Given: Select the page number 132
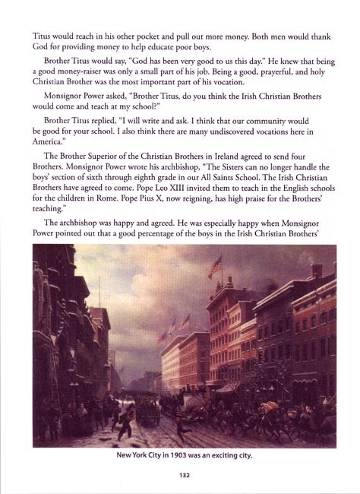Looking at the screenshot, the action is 180,474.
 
